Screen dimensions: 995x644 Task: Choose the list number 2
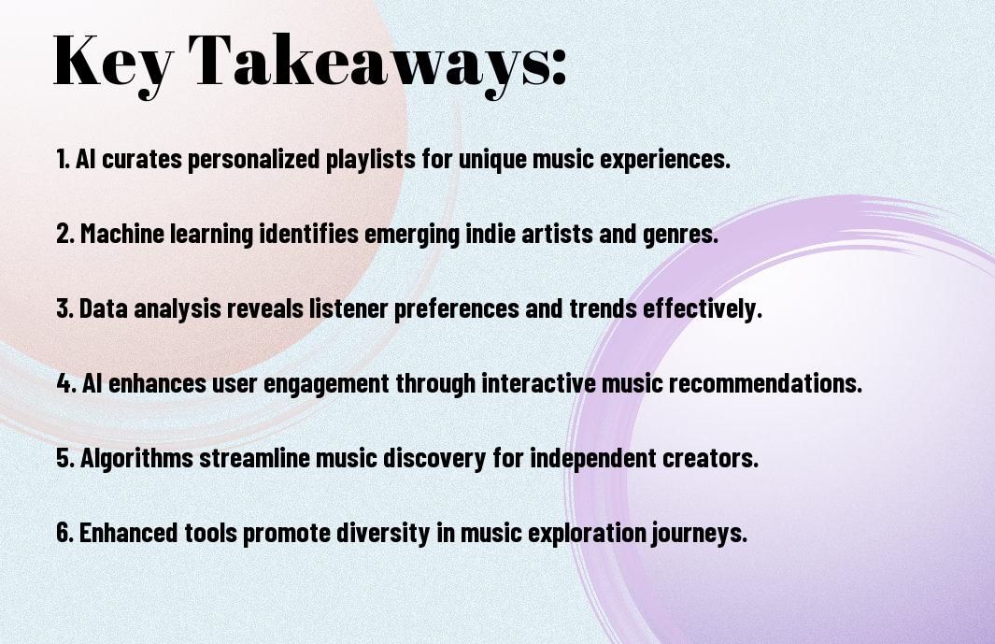(64, 234)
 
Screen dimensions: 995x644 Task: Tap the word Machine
(121, 234)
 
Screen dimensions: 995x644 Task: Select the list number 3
(64, 308)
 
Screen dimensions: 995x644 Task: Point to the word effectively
(703, 309)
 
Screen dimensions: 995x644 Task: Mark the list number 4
(65, 383)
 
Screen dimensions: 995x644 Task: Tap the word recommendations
(765, 383)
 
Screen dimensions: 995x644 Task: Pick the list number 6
(64, 532)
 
